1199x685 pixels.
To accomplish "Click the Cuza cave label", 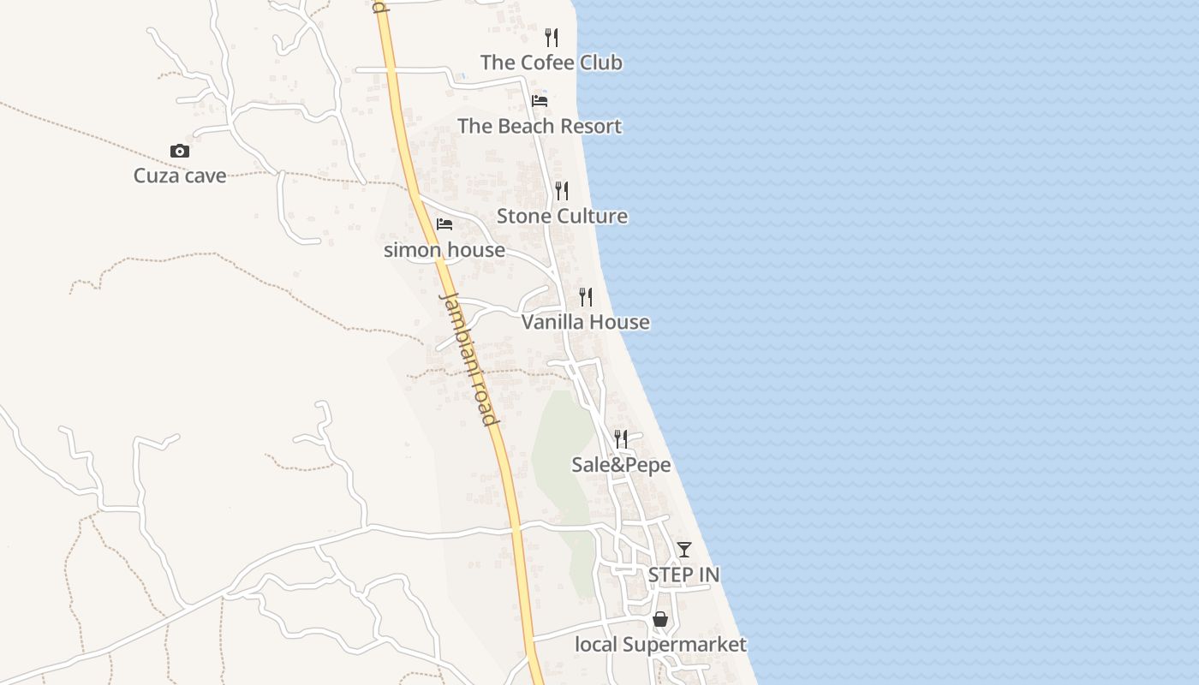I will tap(180, 176).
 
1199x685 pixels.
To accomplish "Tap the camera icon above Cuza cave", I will tap(180, 152).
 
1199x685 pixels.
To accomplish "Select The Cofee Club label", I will tap(551, 63).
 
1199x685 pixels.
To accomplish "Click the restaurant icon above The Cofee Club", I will tap(552, 38).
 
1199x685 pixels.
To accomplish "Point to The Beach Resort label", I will tap(539, 126).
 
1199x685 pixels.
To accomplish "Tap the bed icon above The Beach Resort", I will tap(540, 100).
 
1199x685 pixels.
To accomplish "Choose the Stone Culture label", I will tap(562, 216).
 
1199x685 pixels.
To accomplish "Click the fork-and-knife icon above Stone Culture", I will tap(562, 190).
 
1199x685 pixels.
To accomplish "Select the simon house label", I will tap(444, 250).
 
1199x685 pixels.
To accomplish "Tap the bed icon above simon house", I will tap(444, 224).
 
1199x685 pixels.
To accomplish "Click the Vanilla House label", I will tap(585, 322).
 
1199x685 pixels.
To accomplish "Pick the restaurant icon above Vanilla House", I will tap(586, 297).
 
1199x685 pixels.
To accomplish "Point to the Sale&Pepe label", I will tap(621, 465).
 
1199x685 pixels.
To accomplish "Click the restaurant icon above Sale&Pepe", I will tap(621, 439).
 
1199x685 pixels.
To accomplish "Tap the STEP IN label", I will tap(683, 575).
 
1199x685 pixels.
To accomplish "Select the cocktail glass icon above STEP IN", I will tap(683, 549).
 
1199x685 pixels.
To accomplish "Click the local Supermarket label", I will tap(660, 645).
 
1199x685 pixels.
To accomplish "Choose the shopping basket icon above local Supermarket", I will tap(660, 619).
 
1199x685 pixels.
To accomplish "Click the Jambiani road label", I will tap(468, 359).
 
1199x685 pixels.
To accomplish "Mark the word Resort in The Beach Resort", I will tap(588, 126).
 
